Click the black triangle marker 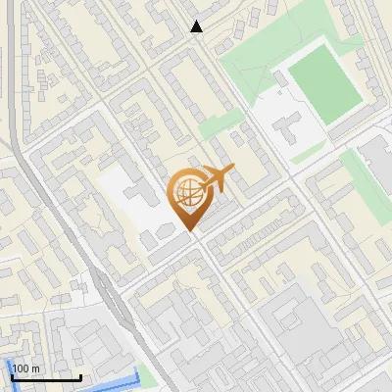(x=197, y=27)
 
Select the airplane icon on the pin (x=216, y=179)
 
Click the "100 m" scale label (x=26, y=368)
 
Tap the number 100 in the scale (x=22, y=368)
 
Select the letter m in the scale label (x=36, y=368)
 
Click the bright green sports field (x=324, y=77)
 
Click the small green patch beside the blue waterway (x=147, y=373)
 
